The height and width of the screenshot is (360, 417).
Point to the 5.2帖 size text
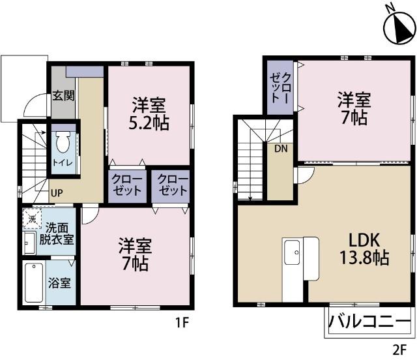click(x=149, y=122)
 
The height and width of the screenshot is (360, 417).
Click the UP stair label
click(x=57, y=193)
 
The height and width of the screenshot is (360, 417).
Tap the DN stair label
click(x=281, y=148)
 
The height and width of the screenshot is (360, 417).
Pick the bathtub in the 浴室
click(x=33, y=282)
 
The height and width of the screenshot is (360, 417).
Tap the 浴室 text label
click(x=59, y=284)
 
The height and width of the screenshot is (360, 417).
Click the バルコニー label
click(x=369, y=321)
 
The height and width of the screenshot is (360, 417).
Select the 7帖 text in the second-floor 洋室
click(x=354, y=118)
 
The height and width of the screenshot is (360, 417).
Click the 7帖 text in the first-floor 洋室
click(x=135, y=263)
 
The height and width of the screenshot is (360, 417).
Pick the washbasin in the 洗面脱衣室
click(x=27, y=243)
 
